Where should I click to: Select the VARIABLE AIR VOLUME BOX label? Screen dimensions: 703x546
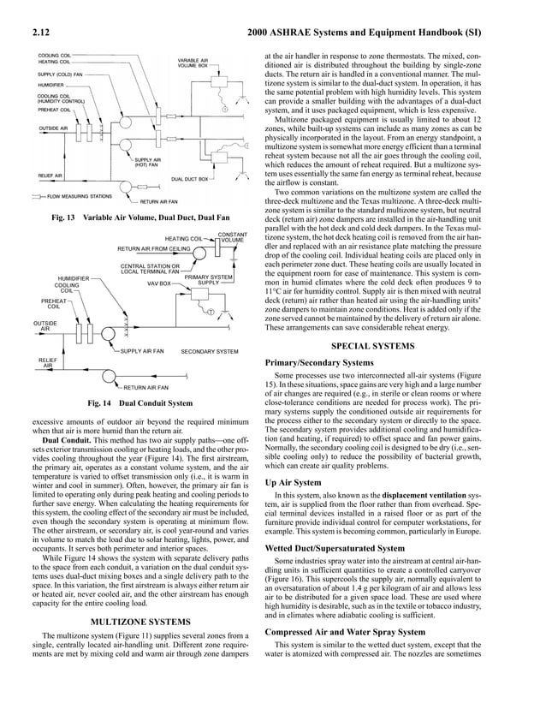click(193, 63)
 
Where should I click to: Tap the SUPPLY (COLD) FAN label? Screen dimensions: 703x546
click(60, 74)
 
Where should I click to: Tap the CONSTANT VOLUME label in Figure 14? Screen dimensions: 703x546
click(233, 237)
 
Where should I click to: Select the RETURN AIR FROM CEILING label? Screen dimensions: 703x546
click(153, 249)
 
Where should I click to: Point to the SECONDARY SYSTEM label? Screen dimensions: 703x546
click(210, 351)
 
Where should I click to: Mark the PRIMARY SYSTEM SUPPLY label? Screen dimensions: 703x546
click(209, 280)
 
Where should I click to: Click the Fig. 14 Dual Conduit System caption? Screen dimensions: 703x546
click(139, 402)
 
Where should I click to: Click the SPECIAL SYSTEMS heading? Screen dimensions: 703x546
click(397, 346)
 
